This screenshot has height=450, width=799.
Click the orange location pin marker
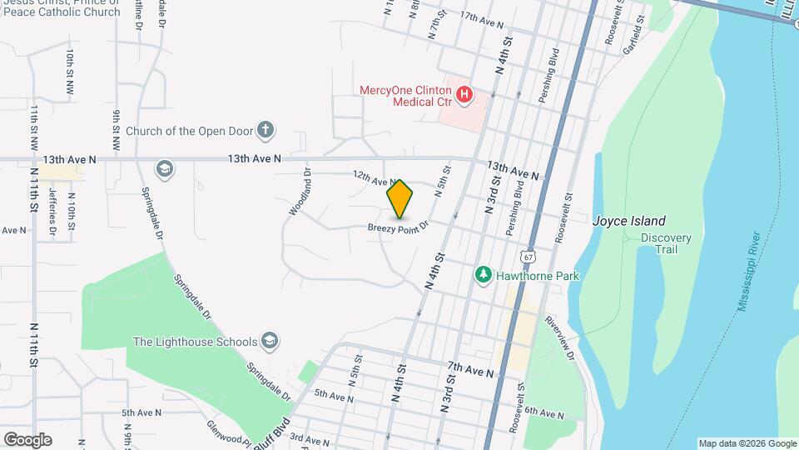coord(400,198)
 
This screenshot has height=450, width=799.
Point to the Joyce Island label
coord(628,221)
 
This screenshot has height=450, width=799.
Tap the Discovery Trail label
coord(666,243)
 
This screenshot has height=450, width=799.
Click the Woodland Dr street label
coord(300,193)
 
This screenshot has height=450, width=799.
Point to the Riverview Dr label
coord(560,337)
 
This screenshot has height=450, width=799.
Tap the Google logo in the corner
coord(27,440)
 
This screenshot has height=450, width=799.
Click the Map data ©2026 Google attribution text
coord(747,443)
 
